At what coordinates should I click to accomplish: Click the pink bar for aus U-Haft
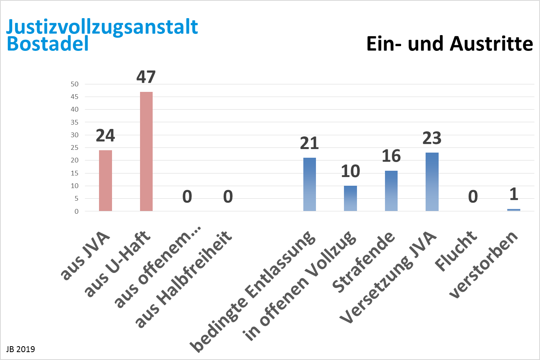click(x=146, y=151)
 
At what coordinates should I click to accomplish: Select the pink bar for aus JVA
click(x=105, y=181)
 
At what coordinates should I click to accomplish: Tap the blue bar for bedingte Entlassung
click(x=310, y=185)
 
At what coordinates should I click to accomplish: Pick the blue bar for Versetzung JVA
click(x=432, y=182)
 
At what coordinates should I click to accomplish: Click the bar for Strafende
click(x=391, y=191)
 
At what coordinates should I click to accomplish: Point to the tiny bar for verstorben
click(x=514, y=210)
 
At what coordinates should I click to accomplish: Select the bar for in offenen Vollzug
click(x=350, y=198)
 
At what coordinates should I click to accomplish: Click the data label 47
click(x=146, y=77)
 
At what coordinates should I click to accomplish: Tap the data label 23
click(x=432, y=138)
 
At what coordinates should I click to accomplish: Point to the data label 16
click(x=391, y=157)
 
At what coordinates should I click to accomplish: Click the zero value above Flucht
click(x=473, y=197)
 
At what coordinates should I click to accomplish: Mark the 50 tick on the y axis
click(x=75, y=84)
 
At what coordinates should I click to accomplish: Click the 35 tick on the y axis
click(x=75, y=122)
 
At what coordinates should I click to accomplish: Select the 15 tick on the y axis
click(x=75, y=173)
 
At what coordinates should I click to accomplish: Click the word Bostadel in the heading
click(x=48, y=44)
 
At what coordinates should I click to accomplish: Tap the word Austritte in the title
click(x=491, y=44)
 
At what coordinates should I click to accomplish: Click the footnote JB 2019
click(x=21, y=349)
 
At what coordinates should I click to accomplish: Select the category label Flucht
click(x=457, y=251)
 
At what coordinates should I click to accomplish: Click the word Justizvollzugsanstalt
click(x=102, y=27)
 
